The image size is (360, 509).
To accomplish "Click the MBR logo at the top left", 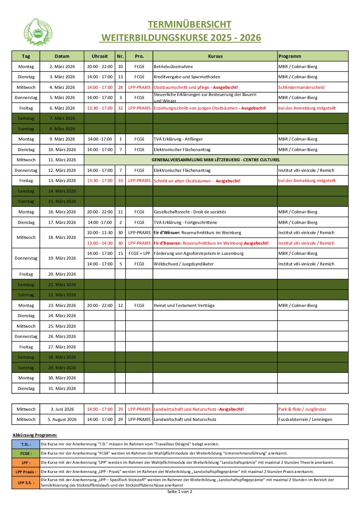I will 38,33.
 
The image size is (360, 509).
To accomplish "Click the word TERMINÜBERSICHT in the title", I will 190,24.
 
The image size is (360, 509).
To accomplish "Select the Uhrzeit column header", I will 100,56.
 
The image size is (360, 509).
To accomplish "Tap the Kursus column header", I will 215,56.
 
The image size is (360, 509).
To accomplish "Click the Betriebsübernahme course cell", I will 174,67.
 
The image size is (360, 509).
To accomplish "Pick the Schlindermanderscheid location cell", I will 301,87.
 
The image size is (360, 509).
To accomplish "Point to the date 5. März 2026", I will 62,98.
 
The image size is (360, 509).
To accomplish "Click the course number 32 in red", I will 120,108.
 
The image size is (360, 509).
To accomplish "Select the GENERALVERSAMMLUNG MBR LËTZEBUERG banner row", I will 216,160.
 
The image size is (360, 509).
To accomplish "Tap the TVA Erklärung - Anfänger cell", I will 178,139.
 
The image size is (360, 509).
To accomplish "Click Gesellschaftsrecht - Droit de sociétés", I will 190,212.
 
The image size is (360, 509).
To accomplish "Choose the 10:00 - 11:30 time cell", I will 100,233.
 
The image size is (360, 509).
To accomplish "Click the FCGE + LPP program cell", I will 139,253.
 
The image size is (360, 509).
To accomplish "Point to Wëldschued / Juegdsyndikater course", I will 184,264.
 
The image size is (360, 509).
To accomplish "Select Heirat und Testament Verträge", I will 184,306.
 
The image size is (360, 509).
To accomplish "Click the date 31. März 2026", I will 62,389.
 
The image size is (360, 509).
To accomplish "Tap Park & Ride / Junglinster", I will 302,409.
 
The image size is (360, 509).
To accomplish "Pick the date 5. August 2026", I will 62,420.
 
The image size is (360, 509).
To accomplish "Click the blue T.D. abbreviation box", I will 26,444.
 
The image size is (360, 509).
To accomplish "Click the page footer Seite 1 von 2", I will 180,492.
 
